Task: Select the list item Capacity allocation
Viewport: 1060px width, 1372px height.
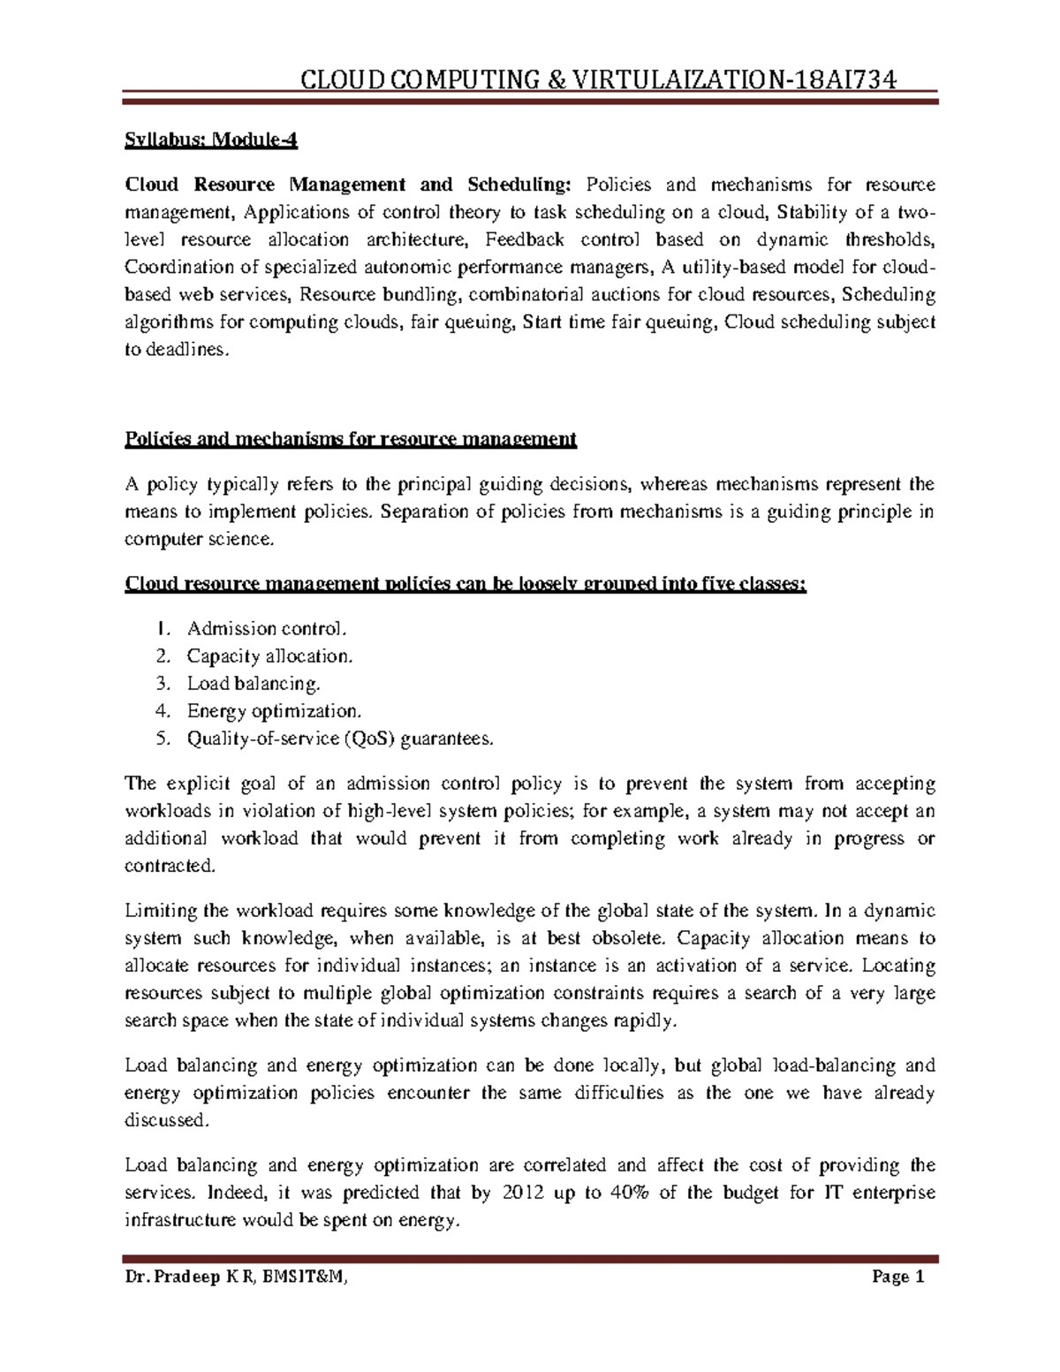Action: click(x=269, y=656)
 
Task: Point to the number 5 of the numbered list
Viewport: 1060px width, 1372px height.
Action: click(x=161, y=739)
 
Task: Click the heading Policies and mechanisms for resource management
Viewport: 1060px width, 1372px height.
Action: click(x=351, y=439)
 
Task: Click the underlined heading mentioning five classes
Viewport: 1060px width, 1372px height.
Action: click(x=466, y=585)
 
